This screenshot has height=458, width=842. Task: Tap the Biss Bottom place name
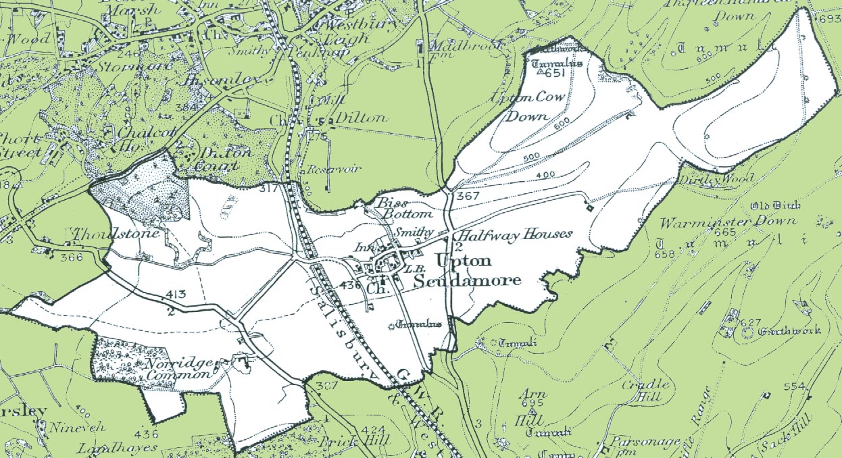(391, 208)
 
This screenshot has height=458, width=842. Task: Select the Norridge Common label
(178, 368)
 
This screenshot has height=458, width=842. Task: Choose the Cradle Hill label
(645, 390)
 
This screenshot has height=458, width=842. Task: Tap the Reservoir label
(325, 169)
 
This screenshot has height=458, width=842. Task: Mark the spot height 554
(795, 386)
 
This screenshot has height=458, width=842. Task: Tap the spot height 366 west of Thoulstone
(71, 257)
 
